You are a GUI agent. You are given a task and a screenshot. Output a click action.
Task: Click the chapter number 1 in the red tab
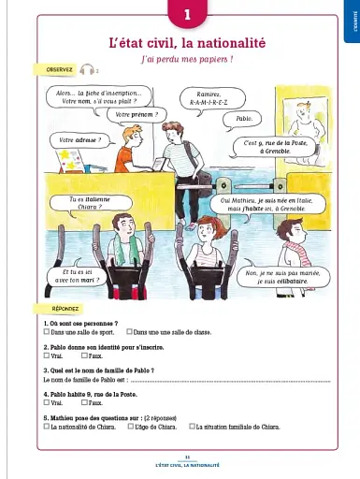pyautogui.click(x=187, y=15)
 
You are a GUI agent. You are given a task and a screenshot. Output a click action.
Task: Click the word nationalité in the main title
pyautogui.click(x=229, y=43)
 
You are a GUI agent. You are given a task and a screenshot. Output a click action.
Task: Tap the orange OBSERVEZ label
pyautogui.click(x=53, y=70)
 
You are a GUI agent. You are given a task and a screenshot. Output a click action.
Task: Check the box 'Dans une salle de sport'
pyautogui.click(x=48, y=332)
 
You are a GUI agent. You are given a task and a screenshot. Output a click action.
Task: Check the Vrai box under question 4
pyautogui.click(x=48, y=402)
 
